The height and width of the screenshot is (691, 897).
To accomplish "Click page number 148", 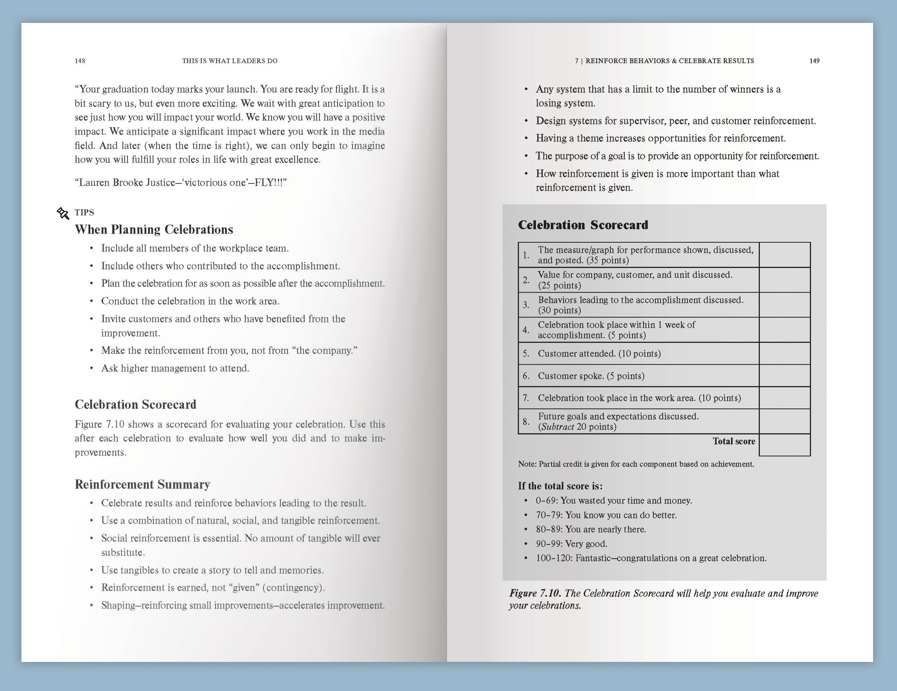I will [80, 61].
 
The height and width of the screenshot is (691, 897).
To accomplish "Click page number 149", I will [814, 61].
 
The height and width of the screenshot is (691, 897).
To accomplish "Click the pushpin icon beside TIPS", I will [63, 213].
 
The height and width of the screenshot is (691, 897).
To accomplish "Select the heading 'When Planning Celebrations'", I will [154, 229].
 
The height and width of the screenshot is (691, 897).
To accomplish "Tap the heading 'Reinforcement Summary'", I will [142, 484].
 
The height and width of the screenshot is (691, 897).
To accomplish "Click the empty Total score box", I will [784, 445].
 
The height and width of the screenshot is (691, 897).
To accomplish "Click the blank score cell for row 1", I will [784, 255].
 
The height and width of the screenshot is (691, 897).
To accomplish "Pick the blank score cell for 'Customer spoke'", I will [784, 376].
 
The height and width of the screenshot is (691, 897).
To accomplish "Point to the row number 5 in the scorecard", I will [526, 353].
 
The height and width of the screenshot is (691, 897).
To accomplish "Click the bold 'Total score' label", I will [734, 442].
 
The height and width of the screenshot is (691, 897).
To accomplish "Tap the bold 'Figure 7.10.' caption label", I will [535, 593].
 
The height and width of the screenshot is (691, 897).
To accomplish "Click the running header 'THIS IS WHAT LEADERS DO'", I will [230, 61].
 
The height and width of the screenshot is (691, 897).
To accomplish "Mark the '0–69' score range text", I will [545, 501].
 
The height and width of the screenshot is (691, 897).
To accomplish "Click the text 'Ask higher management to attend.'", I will [175, 368].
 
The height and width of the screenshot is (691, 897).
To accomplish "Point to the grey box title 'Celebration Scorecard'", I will [583, 225].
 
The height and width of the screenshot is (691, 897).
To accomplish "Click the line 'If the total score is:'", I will [560, 486].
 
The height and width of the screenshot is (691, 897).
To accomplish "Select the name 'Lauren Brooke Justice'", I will [127, 183].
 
